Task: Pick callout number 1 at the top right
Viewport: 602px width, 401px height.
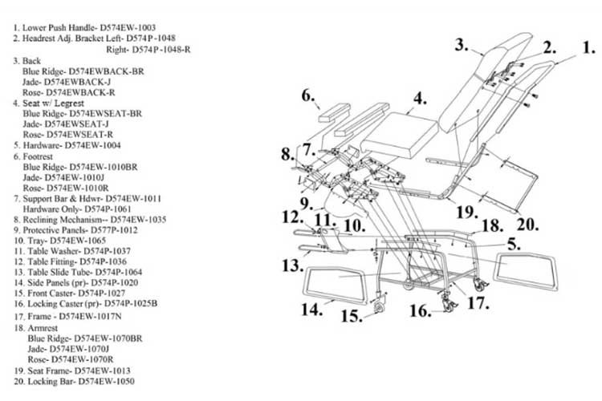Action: tap(589, 47)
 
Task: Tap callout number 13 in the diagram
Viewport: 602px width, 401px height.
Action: tap(291, 265)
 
